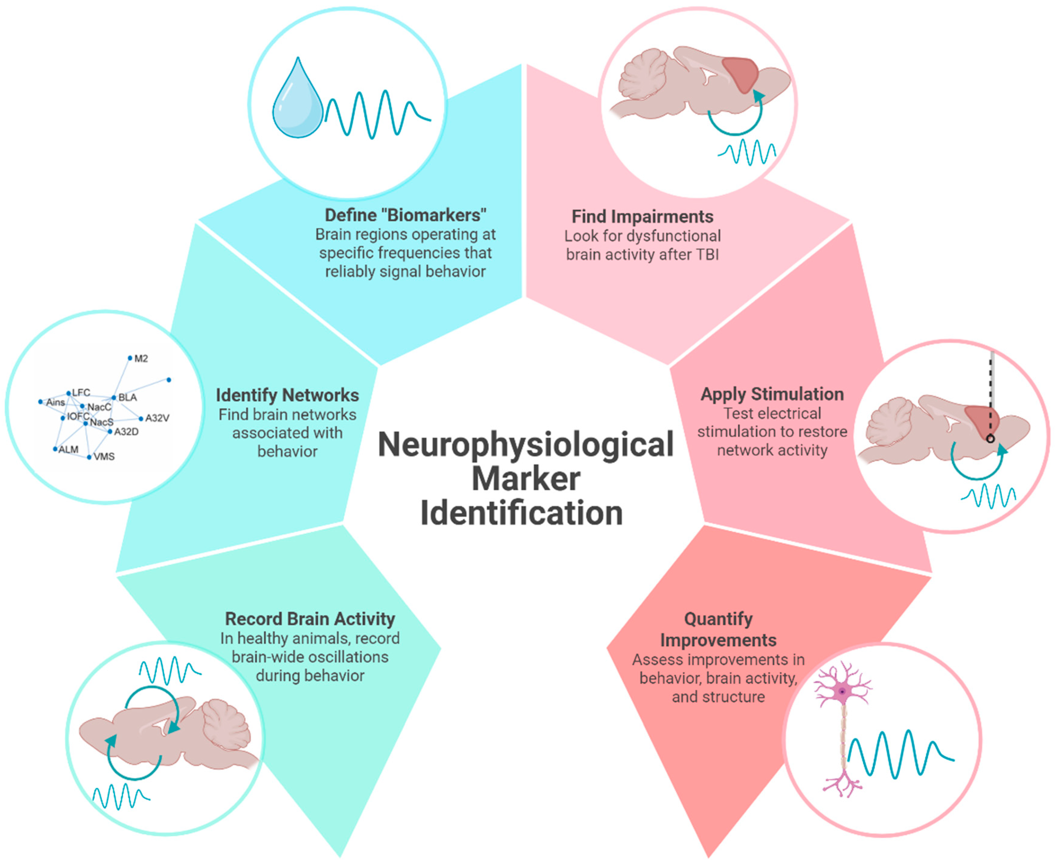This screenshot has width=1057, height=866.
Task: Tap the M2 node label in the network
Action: (x=141, y=359)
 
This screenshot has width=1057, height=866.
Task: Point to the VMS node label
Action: (x=104, y=456)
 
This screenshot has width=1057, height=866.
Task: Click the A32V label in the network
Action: (x=157, y=418)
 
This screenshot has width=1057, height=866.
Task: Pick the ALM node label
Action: (x=68, y=449)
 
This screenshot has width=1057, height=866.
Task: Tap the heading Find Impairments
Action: (x=642, y=217)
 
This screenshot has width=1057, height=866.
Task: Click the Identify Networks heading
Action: (x=287, y=395)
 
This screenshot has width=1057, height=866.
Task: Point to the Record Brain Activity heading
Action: (x=310, y=619)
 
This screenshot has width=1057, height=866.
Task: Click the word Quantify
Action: (x=718, y=619)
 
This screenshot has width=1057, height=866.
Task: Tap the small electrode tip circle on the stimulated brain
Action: (x=990, y=439)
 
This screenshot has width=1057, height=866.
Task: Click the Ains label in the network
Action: (x=55, y=402)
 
